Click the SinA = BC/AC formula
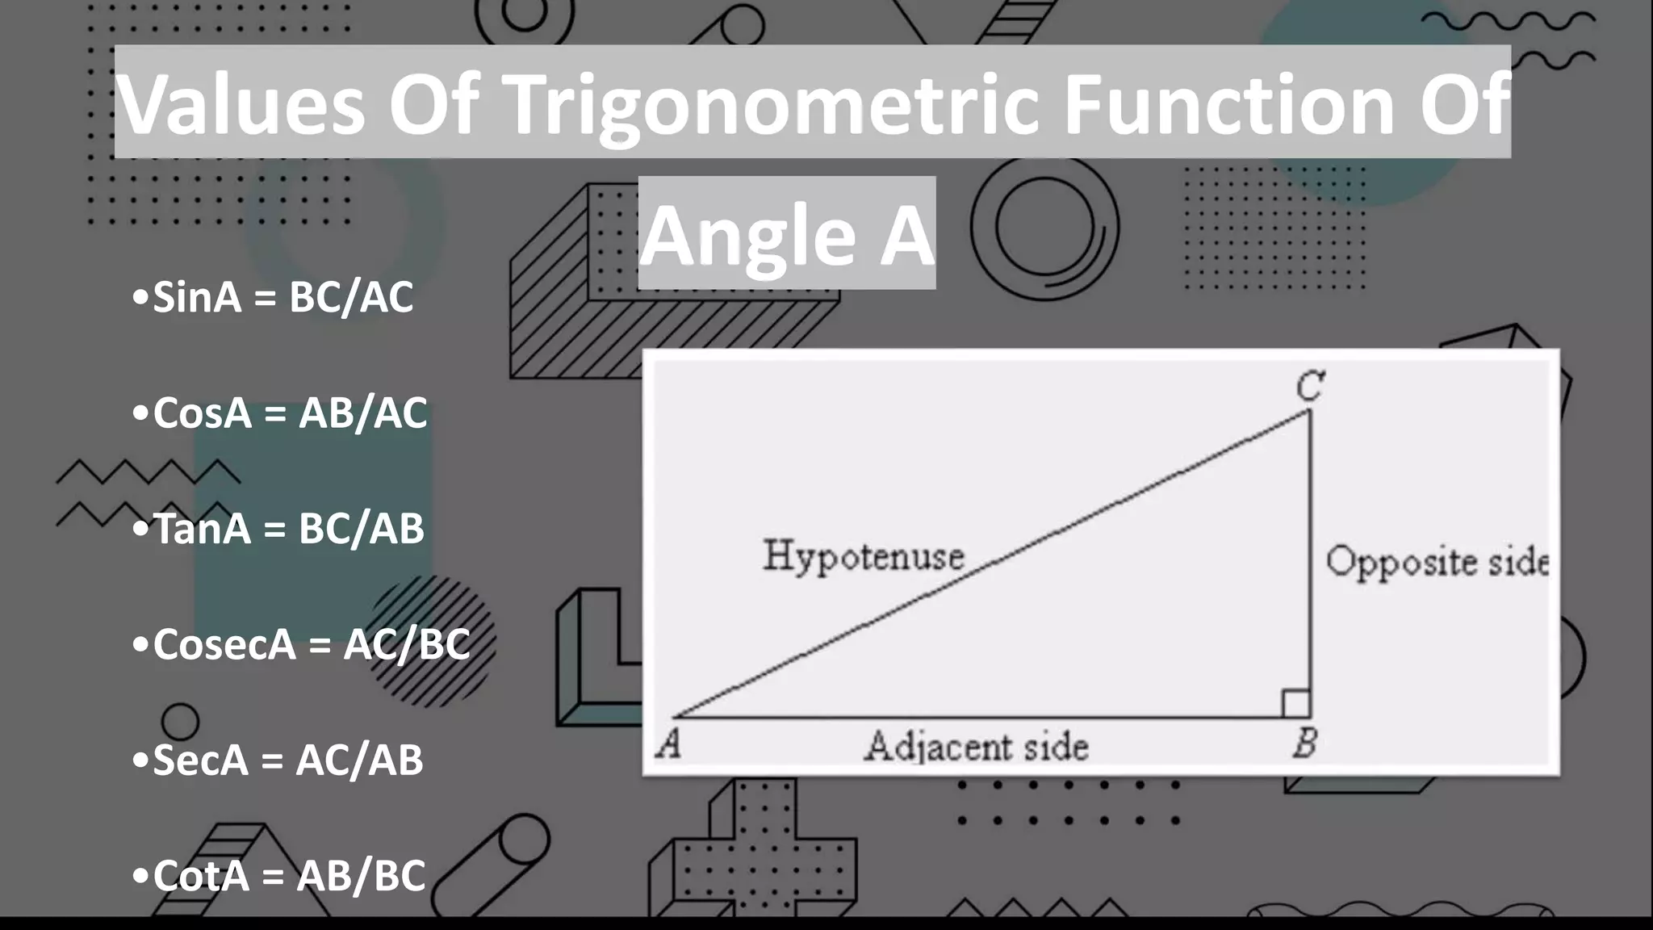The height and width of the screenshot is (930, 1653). tap(273, 297)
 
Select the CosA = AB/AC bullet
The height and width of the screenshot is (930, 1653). tap(279, 413)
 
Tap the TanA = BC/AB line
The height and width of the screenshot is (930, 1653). tap(278, 529)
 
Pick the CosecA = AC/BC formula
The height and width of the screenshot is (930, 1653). tap(300, 644)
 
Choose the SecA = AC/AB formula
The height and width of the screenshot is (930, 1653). tap(278, 760)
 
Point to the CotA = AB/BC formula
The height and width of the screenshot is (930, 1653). tap(278, 876)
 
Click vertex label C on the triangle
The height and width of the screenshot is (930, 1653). tap(1309, 386)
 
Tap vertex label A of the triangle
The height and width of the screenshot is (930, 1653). tap(668, 743)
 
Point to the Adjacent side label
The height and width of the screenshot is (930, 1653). tap(977, 747)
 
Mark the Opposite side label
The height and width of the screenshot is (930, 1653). tap(1437, 562)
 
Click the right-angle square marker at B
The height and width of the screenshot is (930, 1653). tap(1295, 703)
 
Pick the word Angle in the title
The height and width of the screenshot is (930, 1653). tap(747, 235)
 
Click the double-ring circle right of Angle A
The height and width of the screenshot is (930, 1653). tap(1044, 227)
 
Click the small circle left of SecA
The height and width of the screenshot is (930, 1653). tap(179, 721)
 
